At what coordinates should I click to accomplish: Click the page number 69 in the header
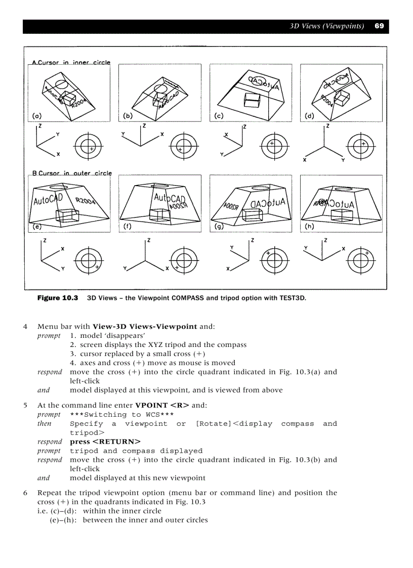pyautogui.click(x=379, y=26)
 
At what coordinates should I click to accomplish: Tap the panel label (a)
pyautogui.click(x=37, y=116)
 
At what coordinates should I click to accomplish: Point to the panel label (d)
pyautogui.click(x=310, y=116)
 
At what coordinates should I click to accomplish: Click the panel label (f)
pyautogui.click(x=128, y=227)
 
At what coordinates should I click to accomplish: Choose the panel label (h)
pyautogui.click(x=309, y=227)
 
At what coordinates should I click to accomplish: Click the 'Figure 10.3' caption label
pyautogui.click(x=58, y=298)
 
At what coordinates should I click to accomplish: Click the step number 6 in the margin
pyautogui.click(x=25, y=493)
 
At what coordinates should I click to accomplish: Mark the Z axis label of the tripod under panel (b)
pyautogui.click(x=144, y=125)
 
